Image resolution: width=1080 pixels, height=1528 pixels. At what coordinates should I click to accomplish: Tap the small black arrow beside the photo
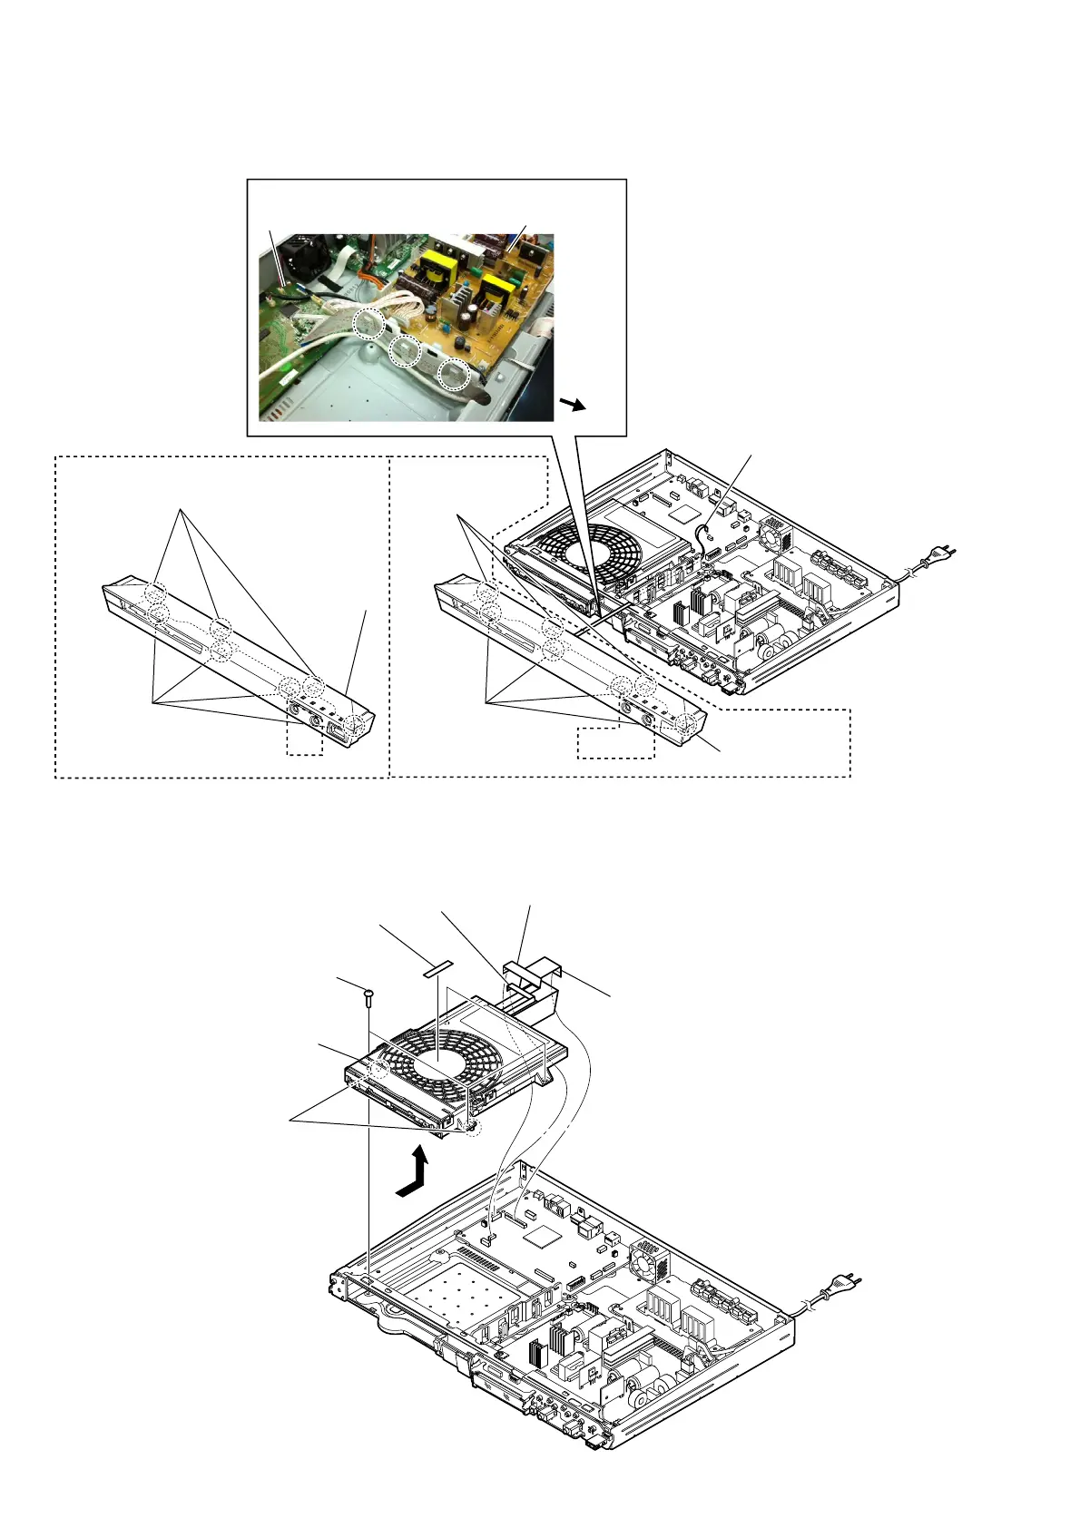point(572,404)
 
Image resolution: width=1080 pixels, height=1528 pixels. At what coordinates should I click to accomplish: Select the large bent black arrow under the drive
point(414,1173)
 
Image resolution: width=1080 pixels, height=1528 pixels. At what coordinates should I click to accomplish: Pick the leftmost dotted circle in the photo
point(368,323)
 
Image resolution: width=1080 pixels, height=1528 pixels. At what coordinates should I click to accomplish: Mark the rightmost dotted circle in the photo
point(453,372)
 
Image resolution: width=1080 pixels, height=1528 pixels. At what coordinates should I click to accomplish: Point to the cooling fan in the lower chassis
point(650,1262)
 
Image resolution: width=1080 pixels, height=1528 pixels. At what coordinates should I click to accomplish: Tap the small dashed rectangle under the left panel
point(304,740)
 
